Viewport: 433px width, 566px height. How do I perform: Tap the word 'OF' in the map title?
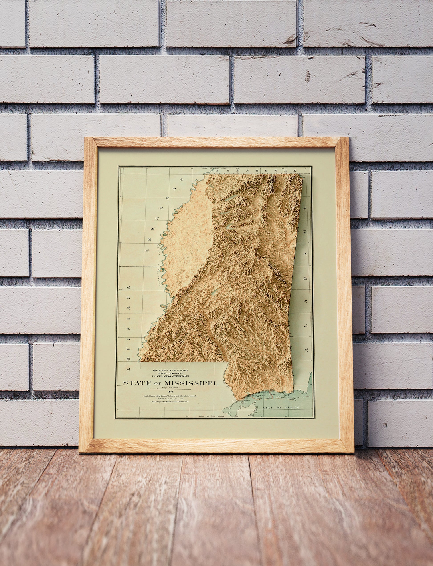[x=158, y=384]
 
